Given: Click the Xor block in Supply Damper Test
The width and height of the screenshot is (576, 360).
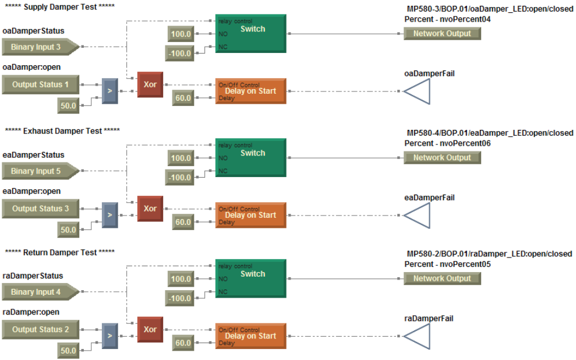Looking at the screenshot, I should [x=150, y=84].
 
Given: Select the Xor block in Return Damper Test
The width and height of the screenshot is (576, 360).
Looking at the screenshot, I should [x=150, y=329].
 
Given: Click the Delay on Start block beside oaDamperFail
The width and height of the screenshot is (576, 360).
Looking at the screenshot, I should [x=250, y=91].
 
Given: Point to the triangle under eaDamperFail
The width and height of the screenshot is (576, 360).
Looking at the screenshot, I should [x=418, y=216].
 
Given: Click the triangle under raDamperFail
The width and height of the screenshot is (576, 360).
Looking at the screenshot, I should [x=418, y=336].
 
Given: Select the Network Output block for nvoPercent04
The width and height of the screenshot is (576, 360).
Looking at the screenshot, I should [x=442, y=34].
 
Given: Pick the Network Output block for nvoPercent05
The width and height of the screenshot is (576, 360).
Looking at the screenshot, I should [x=442, y=278].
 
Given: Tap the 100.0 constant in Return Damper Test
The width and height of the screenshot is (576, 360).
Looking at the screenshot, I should [x=181, y=279].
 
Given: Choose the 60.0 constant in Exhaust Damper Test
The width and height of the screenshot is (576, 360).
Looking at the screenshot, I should [x=183, y=222].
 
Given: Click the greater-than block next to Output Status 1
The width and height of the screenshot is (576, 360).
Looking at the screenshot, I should [x=110, y=91].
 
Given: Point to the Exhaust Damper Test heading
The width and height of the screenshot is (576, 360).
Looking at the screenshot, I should [x=62, y=131].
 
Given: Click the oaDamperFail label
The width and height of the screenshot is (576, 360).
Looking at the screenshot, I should [x=429, y=73].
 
